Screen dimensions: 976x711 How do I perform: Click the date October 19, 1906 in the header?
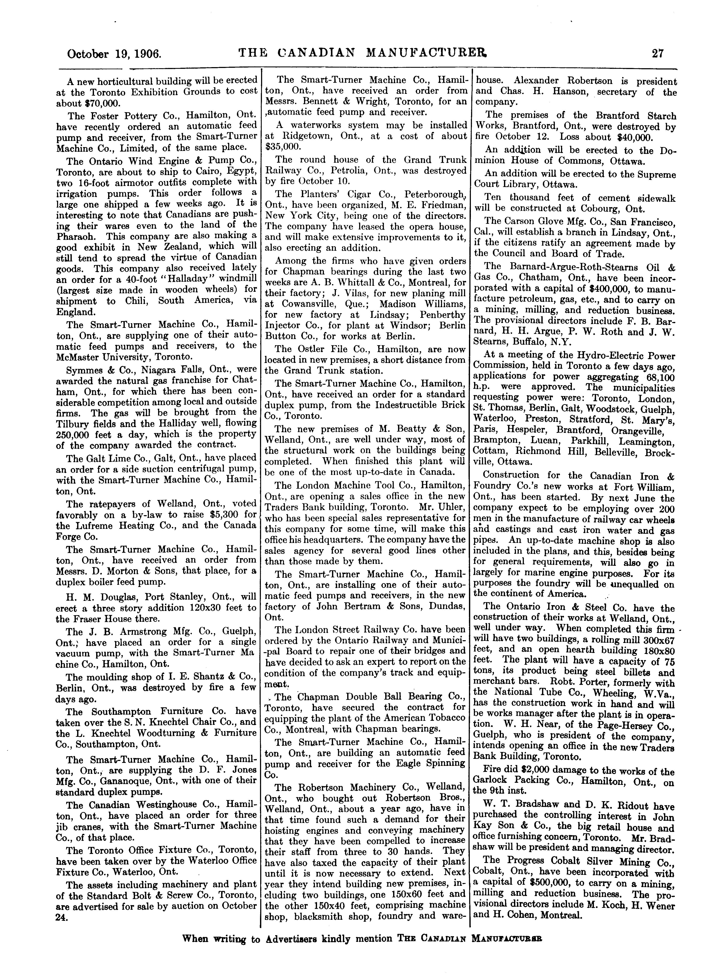coord(114,54)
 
